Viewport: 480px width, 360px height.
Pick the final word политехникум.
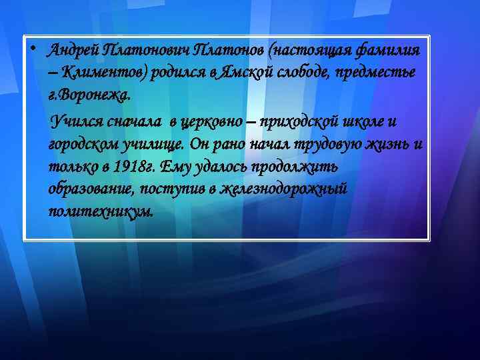[x=100, y=212]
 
